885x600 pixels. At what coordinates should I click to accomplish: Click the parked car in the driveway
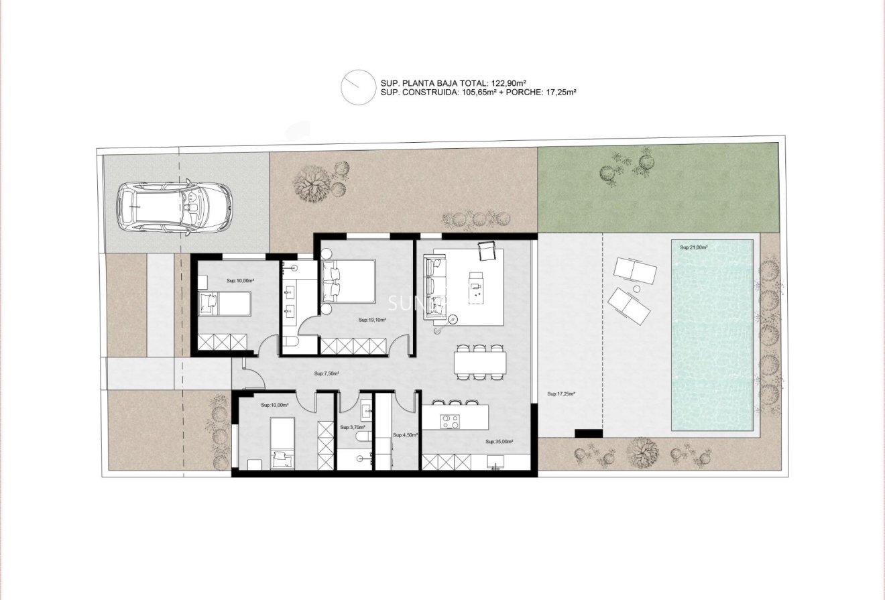(x=174, y=206)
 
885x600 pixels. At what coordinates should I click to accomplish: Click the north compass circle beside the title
(x=357, y=87)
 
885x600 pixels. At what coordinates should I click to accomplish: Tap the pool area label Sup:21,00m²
(x=693, y=247)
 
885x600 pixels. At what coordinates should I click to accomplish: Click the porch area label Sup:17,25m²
(x=561, y=394)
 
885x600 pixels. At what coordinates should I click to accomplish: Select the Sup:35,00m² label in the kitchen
(x=499, y=442)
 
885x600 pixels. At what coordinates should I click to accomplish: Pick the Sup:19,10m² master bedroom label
(x=372, y=320)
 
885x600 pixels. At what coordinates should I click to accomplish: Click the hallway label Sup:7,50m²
(x=327, y=374)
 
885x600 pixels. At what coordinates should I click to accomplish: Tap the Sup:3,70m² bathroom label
(x=352, y=427)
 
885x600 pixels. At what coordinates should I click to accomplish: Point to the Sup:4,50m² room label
(x=405, y=434)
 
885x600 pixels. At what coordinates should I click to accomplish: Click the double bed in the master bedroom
(x=348, y=282)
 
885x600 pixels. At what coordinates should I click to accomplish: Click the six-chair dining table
(x=480, y=363)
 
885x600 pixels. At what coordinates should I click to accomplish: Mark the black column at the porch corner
(x=588, y=433)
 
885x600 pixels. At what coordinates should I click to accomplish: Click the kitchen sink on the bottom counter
(x=495, y=462)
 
